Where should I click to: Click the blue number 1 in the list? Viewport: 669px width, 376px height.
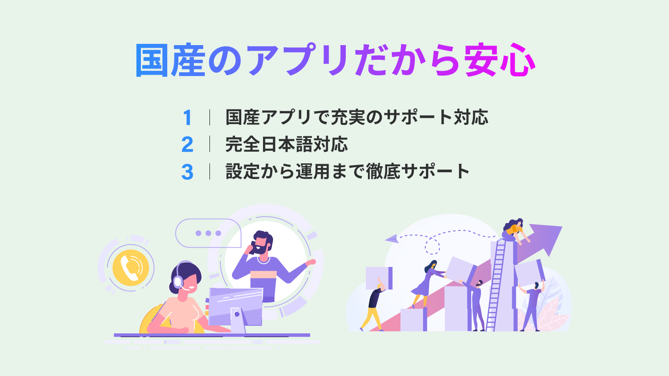click(x=187, y=117)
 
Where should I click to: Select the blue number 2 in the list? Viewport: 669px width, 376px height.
click(x=187, y=145)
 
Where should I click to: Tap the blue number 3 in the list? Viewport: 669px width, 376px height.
click(x=187, y=172)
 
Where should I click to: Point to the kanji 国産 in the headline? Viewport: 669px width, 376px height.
click(x=170, y=60)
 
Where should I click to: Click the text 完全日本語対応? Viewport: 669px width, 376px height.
click(x=287, y=145)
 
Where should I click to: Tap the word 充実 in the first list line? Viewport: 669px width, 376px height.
click(x=349, y=117)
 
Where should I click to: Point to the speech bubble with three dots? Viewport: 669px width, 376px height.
click(x=208, y=233)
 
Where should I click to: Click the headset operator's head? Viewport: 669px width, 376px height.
click(x=185, y=279)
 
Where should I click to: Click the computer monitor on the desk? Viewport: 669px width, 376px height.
click(x=236, y=307)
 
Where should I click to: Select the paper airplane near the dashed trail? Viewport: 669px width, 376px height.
click(x=391, y=239)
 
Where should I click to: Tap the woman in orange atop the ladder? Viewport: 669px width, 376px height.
click(x=514, y=232)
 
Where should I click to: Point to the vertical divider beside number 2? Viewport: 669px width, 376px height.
click(x=209, y=145)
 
